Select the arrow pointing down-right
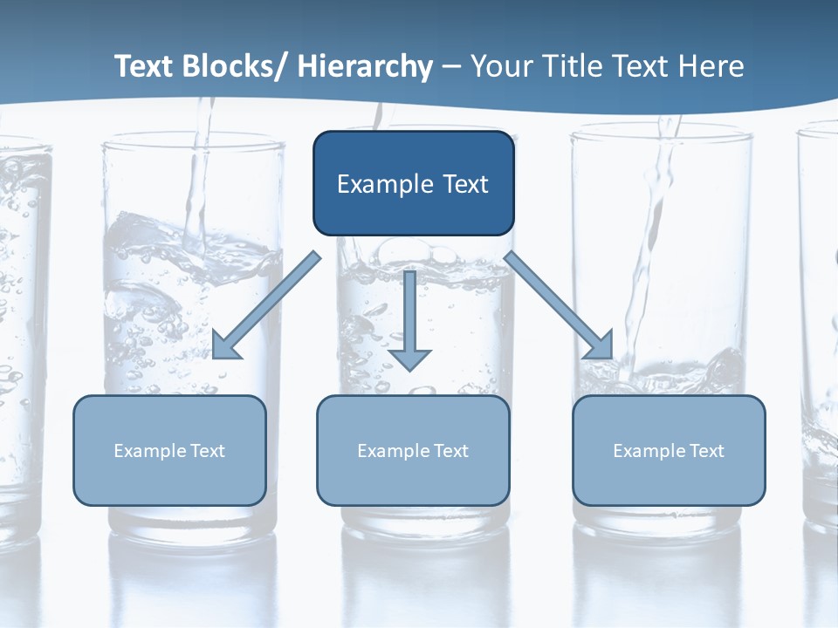tap(559, 305)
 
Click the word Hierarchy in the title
tap(365, 66)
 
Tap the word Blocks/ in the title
tap(233, 66)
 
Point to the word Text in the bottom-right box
tap(707, 451)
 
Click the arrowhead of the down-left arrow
tap(225, 347)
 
